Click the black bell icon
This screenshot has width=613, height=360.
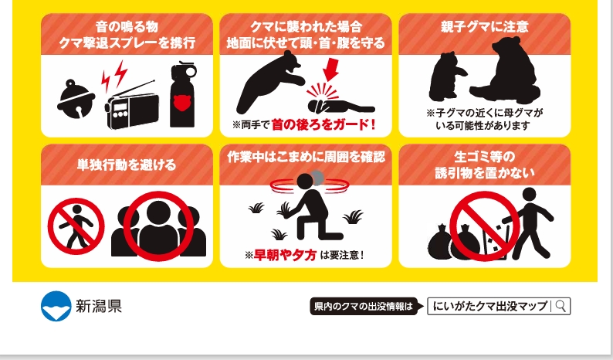click(x=76, y=99)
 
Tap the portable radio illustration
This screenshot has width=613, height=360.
click(x=132, y=107)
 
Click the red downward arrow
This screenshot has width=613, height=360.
click(x=331, y=70)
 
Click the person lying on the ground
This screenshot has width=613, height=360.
click(x=341, y=106)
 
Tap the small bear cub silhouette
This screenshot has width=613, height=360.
click(x=447, y=76)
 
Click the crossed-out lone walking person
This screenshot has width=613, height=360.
click(x=76, y=226)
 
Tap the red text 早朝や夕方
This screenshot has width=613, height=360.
click(x=285, y=255)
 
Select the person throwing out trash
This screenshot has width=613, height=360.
click(x=530, y=223)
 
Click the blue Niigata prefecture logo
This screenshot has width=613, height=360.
click(x=56, y=306)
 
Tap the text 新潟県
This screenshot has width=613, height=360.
click(x=99, y=306)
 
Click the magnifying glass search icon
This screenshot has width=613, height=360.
click(x=561, y=306)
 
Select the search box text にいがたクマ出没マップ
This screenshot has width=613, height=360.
click(x=490, y=306)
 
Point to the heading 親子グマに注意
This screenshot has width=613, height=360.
click(x=485, y=26)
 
